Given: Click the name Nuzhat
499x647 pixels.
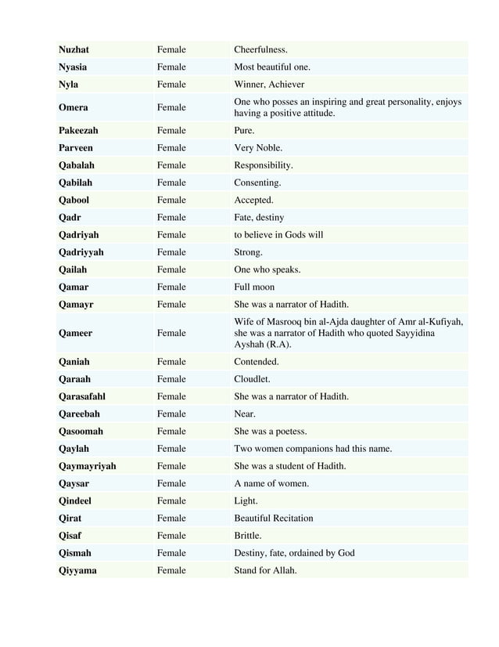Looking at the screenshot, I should [75, 50].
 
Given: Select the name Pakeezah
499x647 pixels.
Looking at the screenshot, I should [78, 131].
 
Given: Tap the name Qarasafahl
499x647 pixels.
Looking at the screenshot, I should [82, 396].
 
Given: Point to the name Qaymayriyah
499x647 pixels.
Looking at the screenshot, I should [87, 466].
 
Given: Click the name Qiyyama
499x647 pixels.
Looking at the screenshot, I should [77, 570].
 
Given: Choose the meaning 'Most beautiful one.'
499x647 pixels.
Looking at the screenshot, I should [272, 67].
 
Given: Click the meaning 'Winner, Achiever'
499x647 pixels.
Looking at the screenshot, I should [269, 85].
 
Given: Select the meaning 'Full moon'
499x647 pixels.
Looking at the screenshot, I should [254, 287].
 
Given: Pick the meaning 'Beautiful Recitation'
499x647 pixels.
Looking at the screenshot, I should [274, 518].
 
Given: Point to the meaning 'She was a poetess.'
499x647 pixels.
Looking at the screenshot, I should [270, 431].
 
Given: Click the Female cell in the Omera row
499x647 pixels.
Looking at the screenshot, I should [171, 107].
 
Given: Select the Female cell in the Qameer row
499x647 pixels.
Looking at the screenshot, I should [171, 333].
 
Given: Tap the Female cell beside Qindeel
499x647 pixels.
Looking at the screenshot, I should [171, 501].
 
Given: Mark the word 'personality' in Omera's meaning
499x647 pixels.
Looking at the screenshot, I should [411, 102].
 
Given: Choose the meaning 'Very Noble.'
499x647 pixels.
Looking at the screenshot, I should [258, 148].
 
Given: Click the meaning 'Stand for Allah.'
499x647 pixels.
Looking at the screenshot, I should [265, 570].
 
